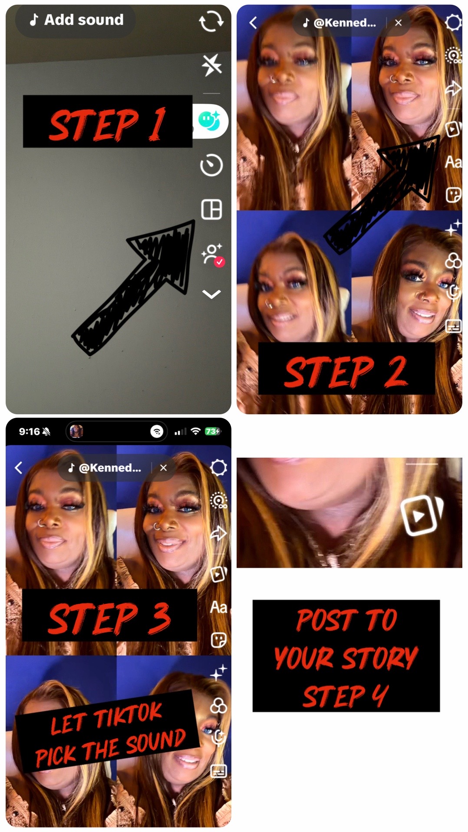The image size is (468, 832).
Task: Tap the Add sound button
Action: pyautogui.click(x=76, y=20)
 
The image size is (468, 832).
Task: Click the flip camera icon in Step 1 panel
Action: pyautogui.click(x=211, y=21)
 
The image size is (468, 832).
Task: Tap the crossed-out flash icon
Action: pyautogui.click(x=211, y=65)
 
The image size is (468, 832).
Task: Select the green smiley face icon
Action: pyautogui.click(x=209, y=120)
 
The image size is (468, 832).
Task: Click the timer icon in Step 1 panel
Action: pyautogui.click(x=211, y=165)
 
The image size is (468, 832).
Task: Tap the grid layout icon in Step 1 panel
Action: pyautogui.click(x=211, y=209)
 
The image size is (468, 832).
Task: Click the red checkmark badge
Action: pyautogui.click(x=220, y=262)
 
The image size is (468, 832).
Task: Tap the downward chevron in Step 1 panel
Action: pyautogui.click(x=211, y=295)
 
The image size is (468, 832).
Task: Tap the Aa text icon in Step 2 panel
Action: pyautogui.click(x=453, y=162)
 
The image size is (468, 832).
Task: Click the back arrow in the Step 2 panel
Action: pyautogui.click(x=253, y=23)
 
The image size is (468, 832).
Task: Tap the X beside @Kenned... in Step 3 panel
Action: pyautogui.click(x=163, y=468)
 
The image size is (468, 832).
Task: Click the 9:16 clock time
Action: pyautogui.click(x=29, y=431)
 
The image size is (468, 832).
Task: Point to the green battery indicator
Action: pyautogui.click(x=212, y=431)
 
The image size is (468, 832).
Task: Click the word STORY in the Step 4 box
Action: pyautogui.click(x=380, y=658)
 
